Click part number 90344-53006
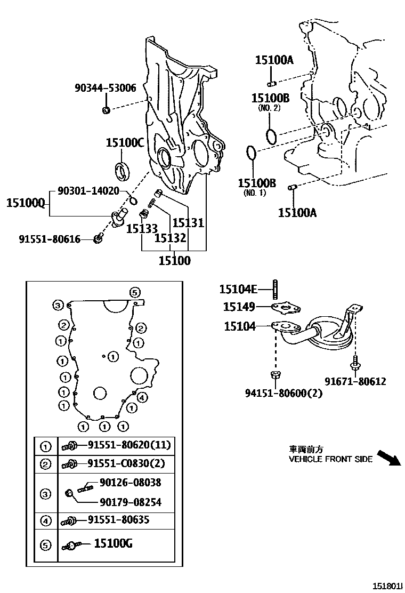pos(105,89)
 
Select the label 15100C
pos(125,142)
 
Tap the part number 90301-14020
pos(88,190)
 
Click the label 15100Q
pos(25,203)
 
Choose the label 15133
pos(142,229)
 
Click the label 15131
pos(188,222)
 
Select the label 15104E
pos(238,290)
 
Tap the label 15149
pos(239,307)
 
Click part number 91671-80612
pos(355,381)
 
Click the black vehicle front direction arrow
pos(387,458)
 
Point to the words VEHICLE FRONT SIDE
pos(330,459)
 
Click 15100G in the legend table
pos(113,544)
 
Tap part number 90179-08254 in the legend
pos(130,502)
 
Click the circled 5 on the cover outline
pos(135,292)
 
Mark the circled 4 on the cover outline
pos(142,397)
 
